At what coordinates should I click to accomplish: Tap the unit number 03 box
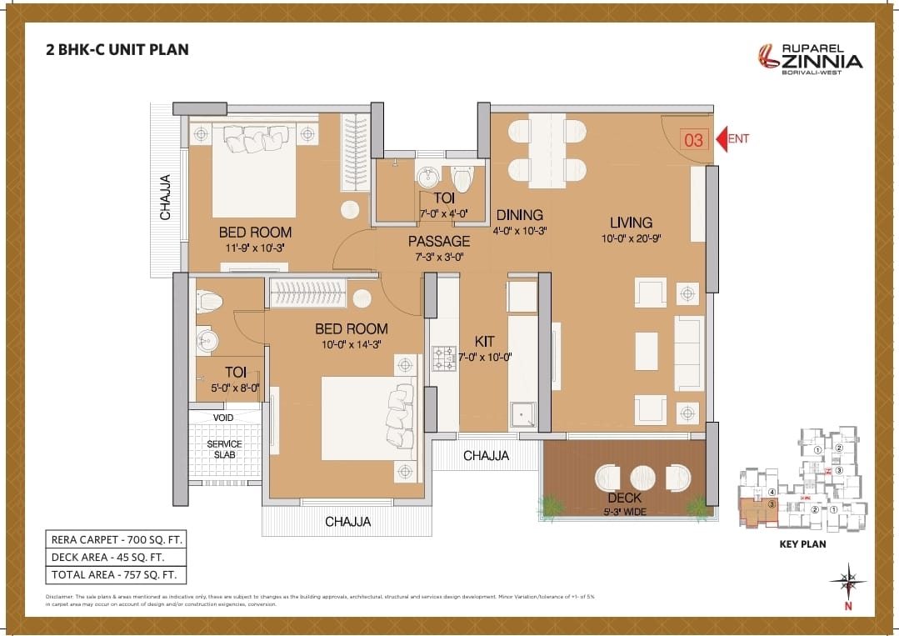[x=693, y=140]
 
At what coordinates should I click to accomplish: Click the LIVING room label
[x=631, y=223]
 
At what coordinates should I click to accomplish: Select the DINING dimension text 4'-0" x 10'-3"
[x=520, y=231]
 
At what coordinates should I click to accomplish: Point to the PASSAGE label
[x=439, y=241]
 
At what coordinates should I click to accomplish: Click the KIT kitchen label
[x=484, y=342]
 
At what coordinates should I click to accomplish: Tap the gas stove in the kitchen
[x=443, y=358]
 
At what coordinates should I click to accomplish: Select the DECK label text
[x=624, y=498]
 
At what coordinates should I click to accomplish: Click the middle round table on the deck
[x=643, y=478]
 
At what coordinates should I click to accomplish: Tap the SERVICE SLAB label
[x=224, y=449]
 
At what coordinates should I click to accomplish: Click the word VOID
[x=223, y=417]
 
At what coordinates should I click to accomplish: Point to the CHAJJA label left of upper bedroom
[x=166, y=198]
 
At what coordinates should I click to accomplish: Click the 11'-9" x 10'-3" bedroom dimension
[x=255, y=248]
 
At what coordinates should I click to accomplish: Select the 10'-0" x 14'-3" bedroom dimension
[x=350, y=343]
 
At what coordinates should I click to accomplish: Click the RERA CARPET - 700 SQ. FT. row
[x=116, y=539]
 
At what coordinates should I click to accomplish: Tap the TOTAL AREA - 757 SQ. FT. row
[x=116, y=574]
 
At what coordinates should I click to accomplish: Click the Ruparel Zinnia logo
[x=809, y=57]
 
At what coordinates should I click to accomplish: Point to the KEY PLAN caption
[x=802, y=544]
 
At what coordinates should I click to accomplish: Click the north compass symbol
[x=848, y=581]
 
